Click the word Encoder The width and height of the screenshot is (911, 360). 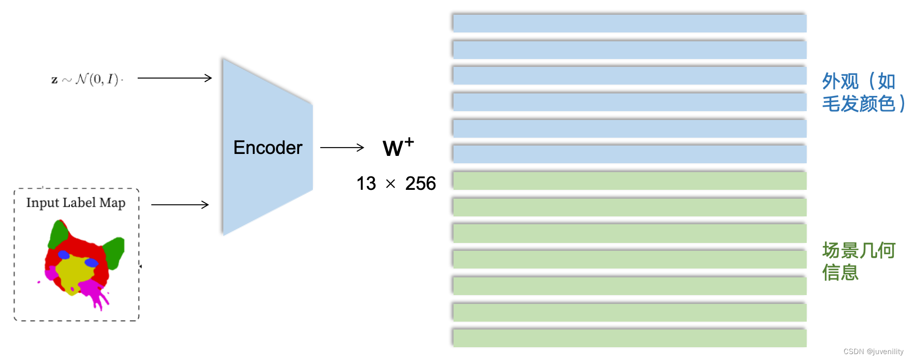(x=268, y=148)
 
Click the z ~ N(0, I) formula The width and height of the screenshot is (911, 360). (x=86, y=79)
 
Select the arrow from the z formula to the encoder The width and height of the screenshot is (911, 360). (x=175, y=78)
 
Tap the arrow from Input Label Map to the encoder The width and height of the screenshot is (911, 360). (x=180, y=205)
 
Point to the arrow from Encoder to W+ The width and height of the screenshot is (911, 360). (x=342, y=148)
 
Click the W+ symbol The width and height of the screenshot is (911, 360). (x=397, y=147)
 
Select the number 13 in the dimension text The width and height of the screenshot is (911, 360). (x=366, y=183)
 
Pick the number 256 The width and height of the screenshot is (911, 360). (x=421, y=183)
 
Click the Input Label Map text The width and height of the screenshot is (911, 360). (x=76, y=203)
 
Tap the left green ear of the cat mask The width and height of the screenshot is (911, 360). (x=59, y=233)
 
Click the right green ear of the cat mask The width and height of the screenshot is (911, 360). (x=115, y=251)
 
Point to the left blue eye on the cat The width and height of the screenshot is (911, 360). (x=64, y=255)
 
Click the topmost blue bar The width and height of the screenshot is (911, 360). (x=629, y=23)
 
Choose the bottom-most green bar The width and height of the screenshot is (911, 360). (x=629, y=338)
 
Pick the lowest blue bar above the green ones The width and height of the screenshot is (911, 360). (x=629, y=154)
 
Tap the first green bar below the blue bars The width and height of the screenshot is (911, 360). (x=629, y=180)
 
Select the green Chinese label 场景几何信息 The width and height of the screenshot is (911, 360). (x=858, y=261)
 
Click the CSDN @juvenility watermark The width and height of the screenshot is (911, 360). (x=873, y=352)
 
